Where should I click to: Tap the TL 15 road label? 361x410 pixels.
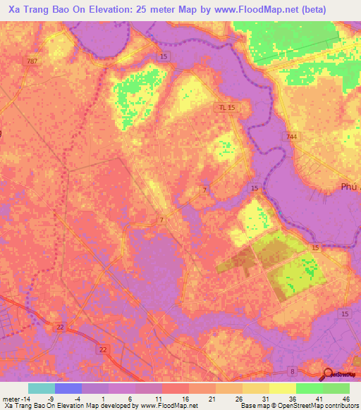[225, 107]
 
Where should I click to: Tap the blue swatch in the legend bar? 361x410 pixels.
[68, 388]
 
